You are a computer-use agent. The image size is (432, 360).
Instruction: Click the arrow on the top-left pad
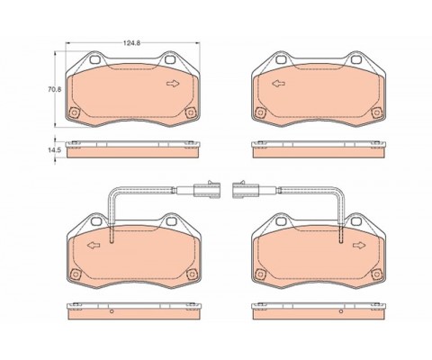point(172,84)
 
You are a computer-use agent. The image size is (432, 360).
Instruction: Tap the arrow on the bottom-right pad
point(359,245)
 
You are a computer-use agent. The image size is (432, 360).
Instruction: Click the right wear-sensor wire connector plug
point(243,190)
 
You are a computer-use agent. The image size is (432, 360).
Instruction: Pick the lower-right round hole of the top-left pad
point(188,112)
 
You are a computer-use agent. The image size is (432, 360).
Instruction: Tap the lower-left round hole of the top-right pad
point(260,112)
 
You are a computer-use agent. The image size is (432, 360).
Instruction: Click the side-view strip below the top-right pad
point(318,149)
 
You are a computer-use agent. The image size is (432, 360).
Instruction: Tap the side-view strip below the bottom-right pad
point(318,311)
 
